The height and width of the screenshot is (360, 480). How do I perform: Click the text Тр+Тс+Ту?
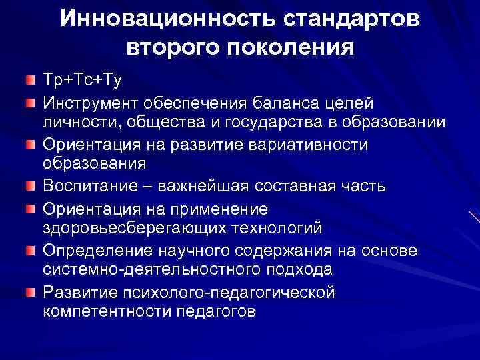coord(82,81)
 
